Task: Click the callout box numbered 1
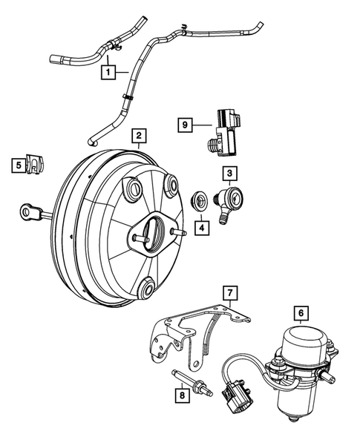[108, 73]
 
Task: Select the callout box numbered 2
[138, 137]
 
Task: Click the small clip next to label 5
[36, 164]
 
